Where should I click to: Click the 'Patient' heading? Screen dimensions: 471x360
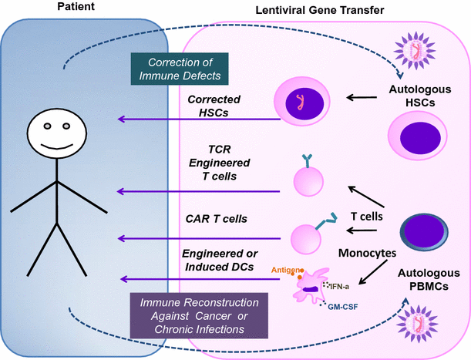pyautogui.click(x=76, y=6)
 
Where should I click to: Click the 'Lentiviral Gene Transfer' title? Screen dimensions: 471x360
pyautogui.click(x=320, y=10)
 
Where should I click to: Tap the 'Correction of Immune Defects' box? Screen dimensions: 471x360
pyautogui.click(x=180, y=69)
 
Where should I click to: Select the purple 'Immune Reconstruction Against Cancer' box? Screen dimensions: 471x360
pyautogui.click(x=199, y=315)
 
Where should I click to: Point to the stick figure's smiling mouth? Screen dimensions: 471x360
pyautogui.click(x=57, y=146)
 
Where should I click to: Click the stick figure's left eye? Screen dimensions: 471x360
pyautogui.click(x=47, y=126)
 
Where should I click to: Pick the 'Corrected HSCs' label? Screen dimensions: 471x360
pyautogui.click(x=214, y=106)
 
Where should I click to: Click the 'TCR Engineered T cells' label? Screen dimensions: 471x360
pyautogui.click(x=219, y=163)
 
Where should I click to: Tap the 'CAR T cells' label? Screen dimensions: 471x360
pyautogui.click(x=217, y=219)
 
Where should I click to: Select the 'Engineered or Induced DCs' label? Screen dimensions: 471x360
pyautogui.click(x=220, y=261)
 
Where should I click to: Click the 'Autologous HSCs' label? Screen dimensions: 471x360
pyautogui.click(x=420, y=96)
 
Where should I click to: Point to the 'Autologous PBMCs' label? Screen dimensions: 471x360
pyautogui.click(x=429, y=280)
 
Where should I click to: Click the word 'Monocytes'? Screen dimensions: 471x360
pyautogui.click(x=367, y=253)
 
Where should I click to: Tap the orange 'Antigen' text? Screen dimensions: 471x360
pyautogui.click(x=286, y=270)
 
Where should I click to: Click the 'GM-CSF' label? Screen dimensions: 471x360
pyautogui.click(x=343, y=307)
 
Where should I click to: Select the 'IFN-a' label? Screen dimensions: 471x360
pyautogui.click(x=339, y=287)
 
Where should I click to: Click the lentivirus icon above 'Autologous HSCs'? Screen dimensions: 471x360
pyautogui.click(x=415, y=50)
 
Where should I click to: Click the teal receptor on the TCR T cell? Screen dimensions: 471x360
pyautogui.click(x=308, y=160)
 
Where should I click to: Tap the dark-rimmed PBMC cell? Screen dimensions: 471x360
pyautogui.click(x=424, y=232)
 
